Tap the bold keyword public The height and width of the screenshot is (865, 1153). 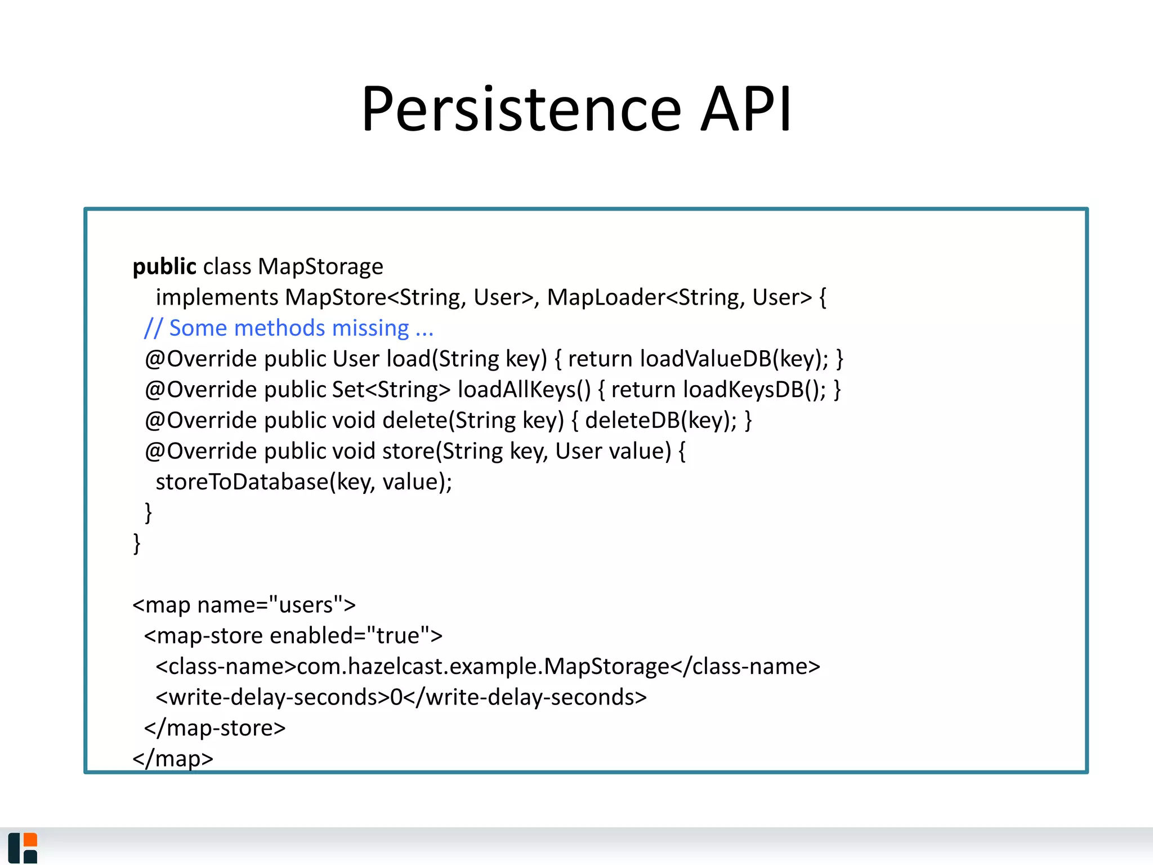pos(164,266)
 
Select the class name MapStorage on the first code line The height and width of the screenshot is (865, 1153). pos(320,266)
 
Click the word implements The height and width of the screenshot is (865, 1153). pos(217,297)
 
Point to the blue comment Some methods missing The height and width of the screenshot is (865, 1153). pos(289,328)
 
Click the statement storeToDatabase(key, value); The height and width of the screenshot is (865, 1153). pos(303,482)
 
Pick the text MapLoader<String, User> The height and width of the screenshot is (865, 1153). pos(680,297)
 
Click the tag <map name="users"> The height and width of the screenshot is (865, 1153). pos(244,605)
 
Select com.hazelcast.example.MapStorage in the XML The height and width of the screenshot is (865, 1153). pos(482,667)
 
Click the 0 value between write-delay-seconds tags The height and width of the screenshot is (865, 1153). pos(396,697)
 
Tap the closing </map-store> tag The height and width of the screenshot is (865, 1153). pos(215,728)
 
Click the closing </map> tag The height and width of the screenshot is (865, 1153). pos(173,758)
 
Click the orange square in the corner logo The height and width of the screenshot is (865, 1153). pos(30,840)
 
